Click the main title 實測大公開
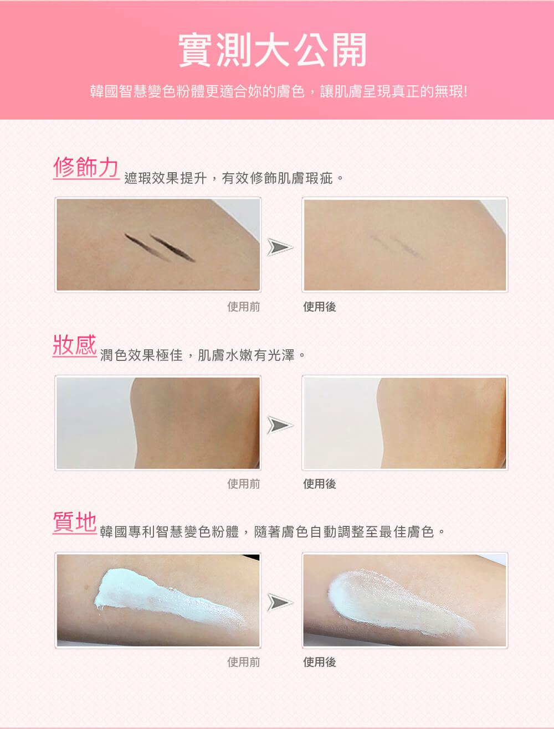pyautogui.click(x=273, y=50)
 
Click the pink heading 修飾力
pyautogui.click(x=86, y=167)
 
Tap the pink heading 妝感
pyautogui.click(x=75, y=345)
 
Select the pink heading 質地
pyautogui.click(x=75, y=522)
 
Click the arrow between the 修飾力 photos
pyautogui.click(x=280, y=247)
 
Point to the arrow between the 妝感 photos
pyautogui.click(x=280, y=425)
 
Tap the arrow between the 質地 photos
pyautogui.click(x=280, y=602)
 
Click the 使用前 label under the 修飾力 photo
pyautogui.click(x=244, y=307)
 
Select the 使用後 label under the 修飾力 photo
pyautogui.click(x=319, y=307)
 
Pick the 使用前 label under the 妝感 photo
pyautogui.click(x=244, y=484)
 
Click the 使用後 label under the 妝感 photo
pyautogui.click(x=319, y=484)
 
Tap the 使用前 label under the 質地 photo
pyautogui.click(x=244, y=662)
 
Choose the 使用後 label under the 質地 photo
pyautogui.click(x=319, y=662)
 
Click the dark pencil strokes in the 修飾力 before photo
pyautogui.click(x=160, y=247)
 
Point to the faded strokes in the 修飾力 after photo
pyautogui.click(x=397, y=247)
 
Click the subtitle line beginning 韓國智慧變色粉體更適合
pyautogui.click(x=279, y=91)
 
